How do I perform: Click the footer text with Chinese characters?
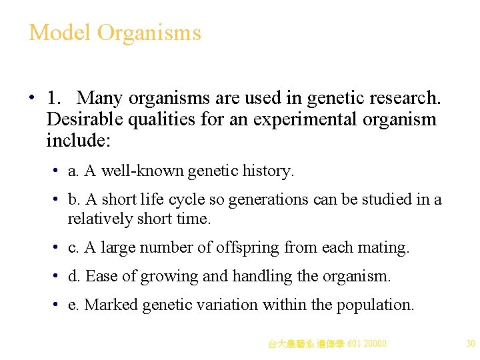tap(327, 344)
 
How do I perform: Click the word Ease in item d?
tap(100, 276)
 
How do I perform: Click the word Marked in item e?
tap(109, 305)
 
